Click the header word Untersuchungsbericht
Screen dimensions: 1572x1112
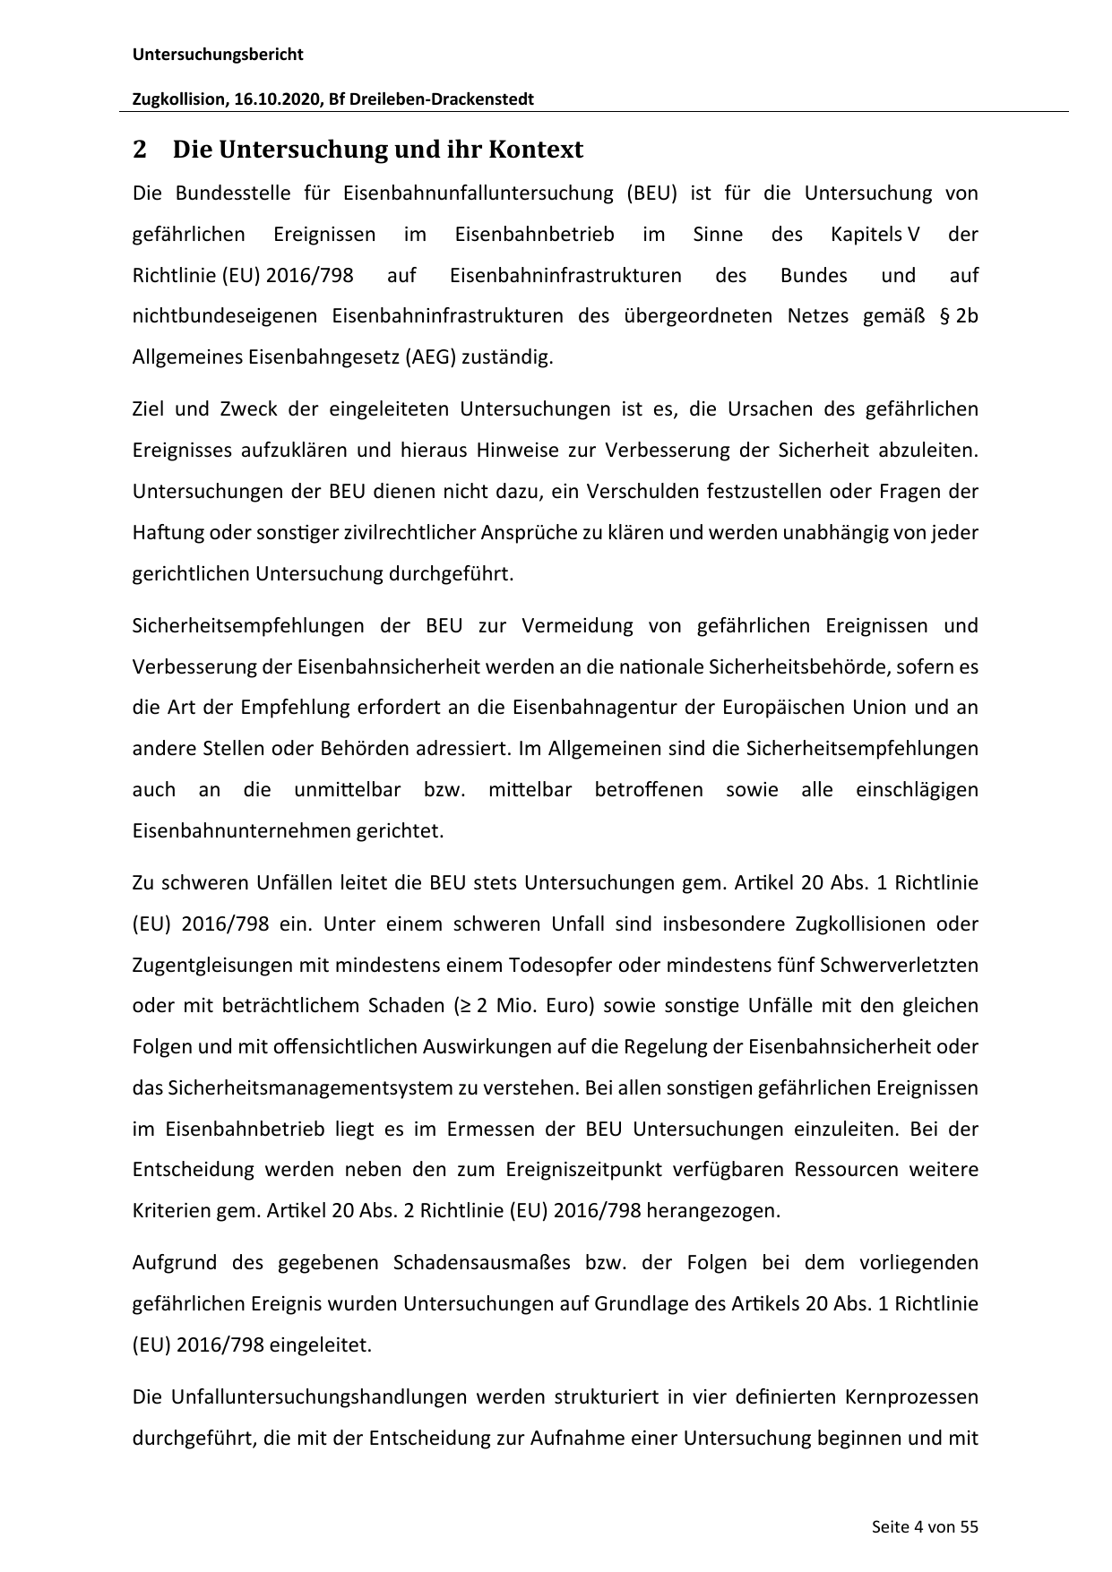(218, 55)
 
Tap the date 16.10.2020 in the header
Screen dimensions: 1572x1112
(278, 99)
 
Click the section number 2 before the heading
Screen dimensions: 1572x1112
(139, 150)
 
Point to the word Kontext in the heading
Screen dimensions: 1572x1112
(535, 150)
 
